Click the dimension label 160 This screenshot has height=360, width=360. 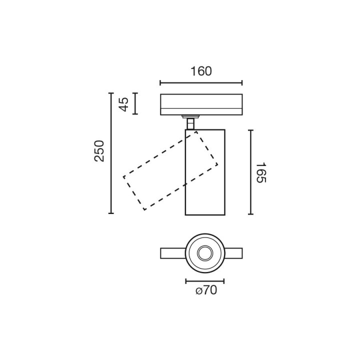[x=201, y=71]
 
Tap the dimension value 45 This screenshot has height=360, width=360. [x=124, y=104]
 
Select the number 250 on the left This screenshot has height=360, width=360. [x=99, y=151]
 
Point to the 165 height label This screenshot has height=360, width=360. [x=261, y=172]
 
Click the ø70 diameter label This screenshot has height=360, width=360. [x=206, y=290]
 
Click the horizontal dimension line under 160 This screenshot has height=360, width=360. [x=201, y=83]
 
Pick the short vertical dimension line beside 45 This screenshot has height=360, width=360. [x=135, y=103]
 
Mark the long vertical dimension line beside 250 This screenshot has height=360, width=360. [x=111, y=153]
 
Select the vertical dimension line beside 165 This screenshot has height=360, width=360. [x=250, y=172]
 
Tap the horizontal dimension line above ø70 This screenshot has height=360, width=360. [x=205, y=281]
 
